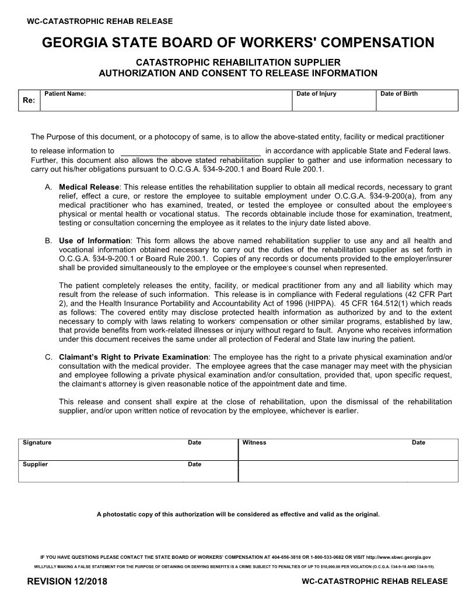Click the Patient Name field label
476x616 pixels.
pyautogui.click(x=65, y=94)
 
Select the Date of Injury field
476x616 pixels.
pyautogui.click(x=334, y=103)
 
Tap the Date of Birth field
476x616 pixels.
pyautogui.click(x=416, y=103)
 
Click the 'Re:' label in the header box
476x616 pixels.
pyautogui.click(x=29, y=100)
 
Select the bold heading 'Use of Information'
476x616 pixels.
pyautogui.click(x=94, y=241)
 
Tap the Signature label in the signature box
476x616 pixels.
pyautogui.click(x=37, y=443)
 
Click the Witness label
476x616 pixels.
pyautogui.click(x=254, y=443)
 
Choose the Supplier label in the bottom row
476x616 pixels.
pyautogui.click(x=35, y=464)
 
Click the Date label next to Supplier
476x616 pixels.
pyautogui.click(x=194, y=464)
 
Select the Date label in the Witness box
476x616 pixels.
pyautogui.click(x=418, y=443)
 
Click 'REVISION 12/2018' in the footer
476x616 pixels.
pyautogui.click(x=67, y=582)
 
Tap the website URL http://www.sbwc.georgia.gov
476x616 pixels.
pyautogui.click(x=399, y=557)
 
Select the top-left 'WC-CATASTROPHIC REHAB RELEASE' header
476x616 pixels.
pyautogui.click(x=100, y=22)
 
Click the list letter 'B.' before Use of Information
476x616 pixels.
pyautogui.click(x=48, y=241)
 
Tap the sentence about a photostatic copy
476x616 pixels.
pyautogui.click(x=238, y=514)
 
